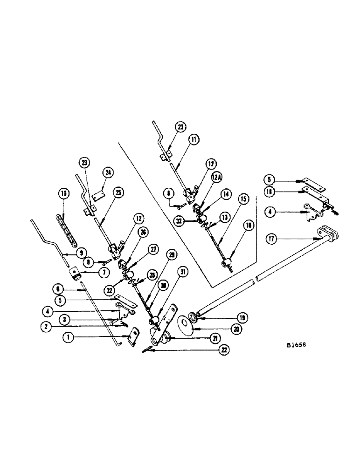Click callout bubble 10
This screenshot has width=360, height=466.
[x=63, y=192]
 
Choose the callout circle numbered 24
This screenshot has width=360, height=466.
[x=108, y=173]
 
